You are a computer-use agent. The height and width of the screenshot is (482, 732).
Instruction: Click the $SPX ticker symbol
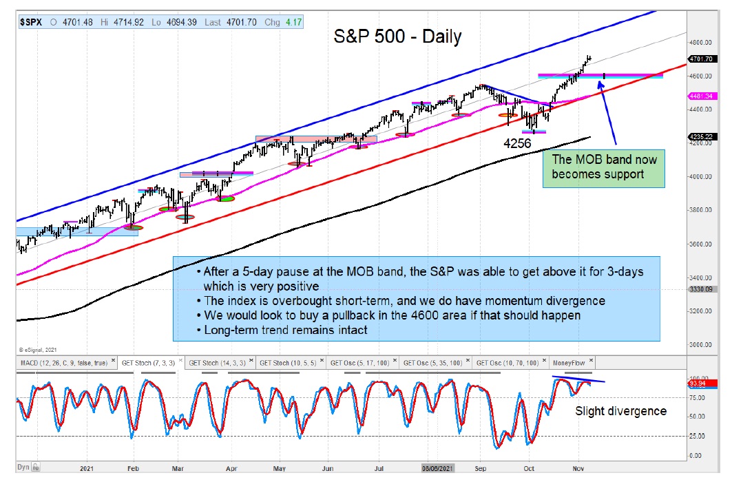[31, 22]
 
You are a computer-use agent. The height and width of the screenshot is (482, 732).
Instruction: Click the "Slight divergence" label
[620, 411]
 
